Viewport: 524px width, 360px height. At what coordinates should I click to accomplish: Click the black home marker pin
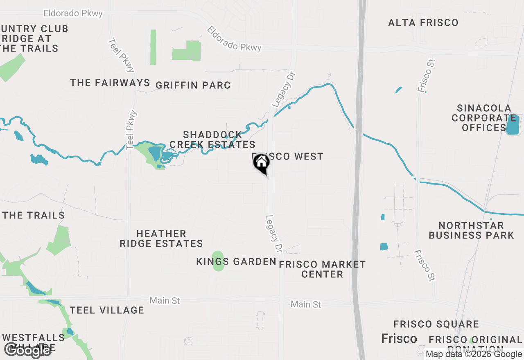(262, 163)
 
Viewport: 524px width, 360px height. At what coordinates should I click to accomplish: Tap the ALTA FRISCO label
(423, 22)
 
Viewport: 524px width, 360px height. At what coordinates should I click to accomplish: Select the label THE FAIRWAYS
(110, 83)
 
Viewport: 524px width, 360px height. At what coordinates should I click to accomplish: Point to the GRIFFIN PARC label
(193, 85)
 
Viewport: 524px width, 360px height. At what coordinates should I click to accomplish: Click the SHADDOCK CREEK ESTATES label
(212, 139)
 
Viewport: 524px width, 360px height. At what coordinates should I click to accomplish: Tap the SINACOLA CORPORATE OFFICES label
(484, 118)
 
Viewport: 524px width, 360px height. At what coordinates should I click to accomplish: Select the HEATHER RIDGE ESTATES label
(161, 239)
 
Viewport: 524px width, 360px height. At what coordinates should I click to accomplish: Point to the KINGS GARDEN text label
(236, 262)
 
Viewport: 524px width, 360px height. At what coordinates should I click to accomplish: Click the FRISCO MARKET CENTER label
(322, 269)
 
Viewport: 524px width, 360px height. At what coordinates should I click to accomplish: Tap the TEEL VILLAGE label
(107, 310)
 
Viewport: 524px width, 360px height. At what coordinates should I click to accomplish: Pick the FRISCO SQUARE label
(436, 324)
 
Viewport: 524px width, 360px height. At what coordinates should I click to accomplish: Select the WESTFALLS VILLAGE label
(33, 342)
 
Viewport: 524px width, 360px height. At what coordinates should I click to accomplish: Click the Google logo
(28, 350)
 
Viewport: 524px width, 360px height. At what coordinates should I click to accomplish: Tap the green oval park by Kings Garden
(218, 261)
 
